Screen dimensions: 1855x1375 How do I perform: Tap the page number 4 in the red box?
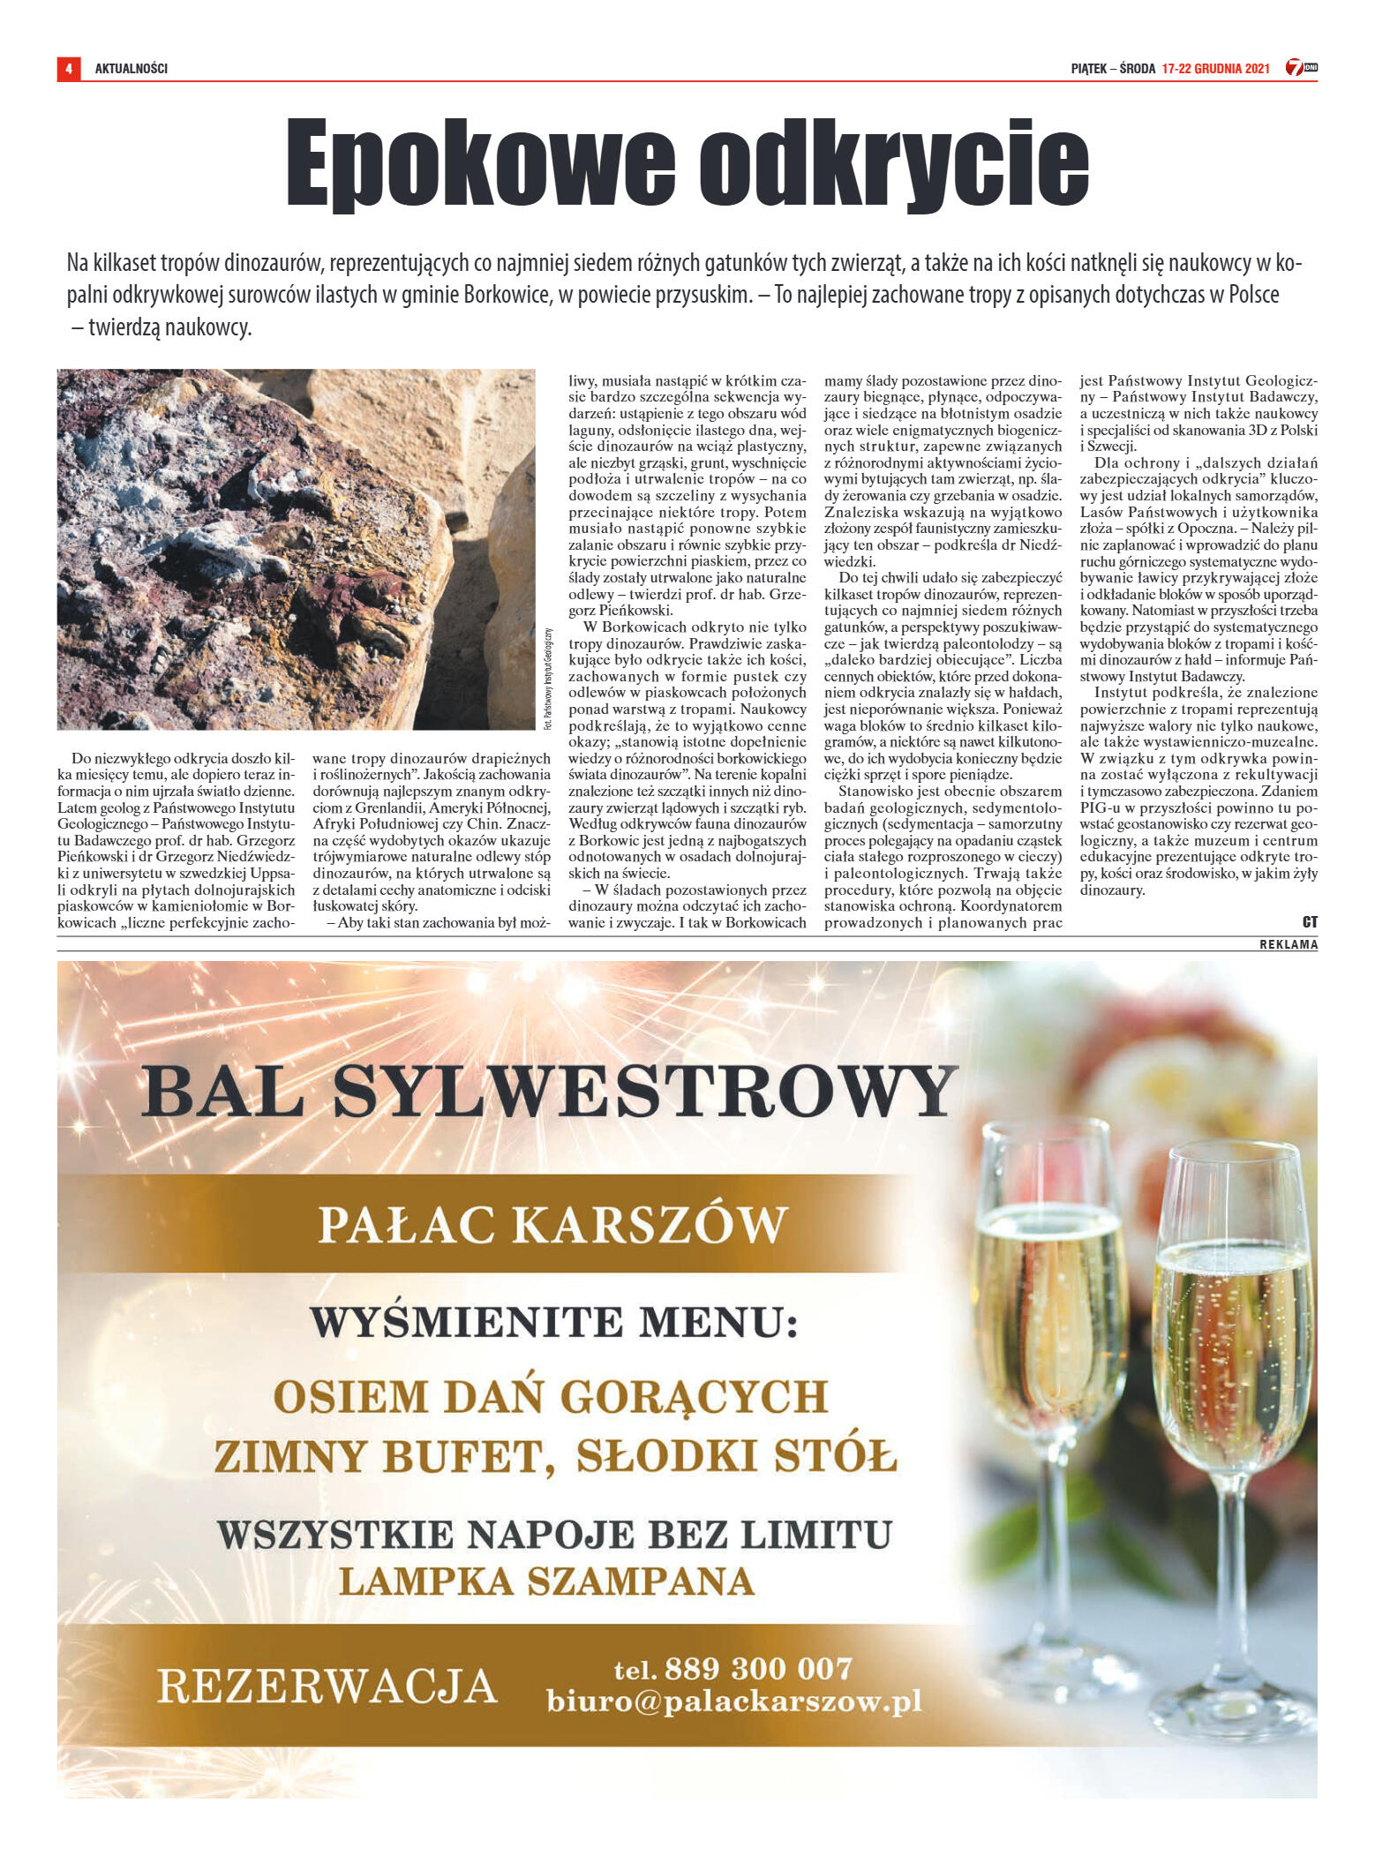tap(68, 68)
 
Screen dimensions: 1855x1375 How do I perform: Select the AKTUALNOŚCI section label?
tap(131, 68)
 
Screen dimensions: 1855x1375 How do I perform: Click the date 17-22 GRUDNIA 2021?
tap(1215, 68)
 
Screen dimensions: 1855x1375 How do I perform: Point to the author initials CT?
tap(1310, 921)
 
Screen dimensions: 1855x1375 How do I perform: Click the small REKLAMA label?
tap(1289, 944)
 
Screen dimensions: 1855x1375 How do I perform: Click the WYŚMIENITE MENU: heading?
tap(553, 1321)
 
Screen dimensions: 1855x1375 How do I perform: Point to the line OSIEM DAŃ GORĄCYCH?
tap(551, 1396)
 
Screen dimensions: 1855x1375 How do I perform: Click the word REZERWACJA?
tap(327, 1686)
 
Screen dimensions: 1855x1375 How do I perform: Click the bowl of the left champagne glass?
tap(1050, 1306)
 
